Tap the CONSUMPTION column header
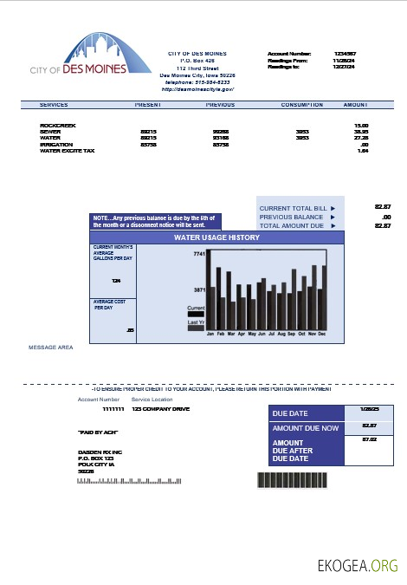[302, 104]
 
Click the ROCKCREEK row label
[57, 125]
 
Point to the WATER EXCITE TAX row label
[68, 151]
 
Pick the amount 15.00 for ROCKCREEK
[362, 125]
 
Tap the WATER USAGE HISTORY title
[216, 236]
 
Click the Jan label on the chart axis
[210, 333]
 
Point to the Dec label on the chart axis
[322, 333]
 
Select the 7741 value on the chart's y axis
[198, 254]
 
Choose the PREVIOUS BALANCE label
[286, 217]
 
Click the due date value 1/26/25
[369, 408]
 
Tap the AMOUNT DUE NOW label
[306, 428]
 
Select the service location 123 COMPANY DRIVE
[160, 408]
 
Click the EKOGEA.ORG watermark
[357, 565]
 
